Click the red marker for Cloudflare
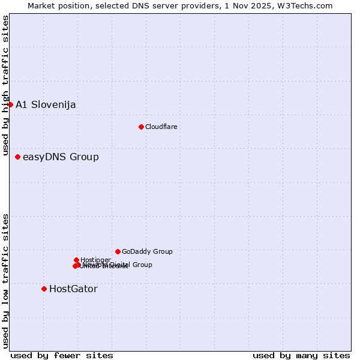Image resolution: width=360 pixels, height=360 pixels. tap(141, 127)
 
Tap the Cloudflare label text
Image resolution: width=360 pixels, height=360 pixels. tap(161, 127)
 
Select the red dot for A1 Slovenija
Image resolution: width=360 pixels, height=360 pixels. tap(10, 104)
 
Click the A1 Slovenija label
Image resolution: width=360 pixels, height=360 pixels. tap(46, 105)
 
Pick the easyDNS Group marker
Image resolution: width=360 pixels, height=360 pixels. tap(17, 157)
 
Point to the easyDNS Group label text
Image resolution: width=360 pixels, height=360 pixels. tap(61, 157)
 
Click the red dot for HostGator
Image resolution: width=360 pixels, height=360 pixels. tap(44, 289)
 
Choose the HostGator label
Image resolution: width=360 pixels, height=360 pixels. tap(73, 289)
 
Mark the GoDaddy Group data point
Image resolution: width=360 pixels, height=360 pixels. tap(118, 251)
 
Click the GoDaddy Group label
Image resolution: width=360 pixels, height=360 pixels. tap(147, 252)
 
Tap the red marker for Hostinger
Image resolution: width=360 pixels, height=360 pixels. tap(76, 260)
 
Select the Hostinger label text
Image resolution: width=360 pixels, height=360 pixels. tap(95, 260)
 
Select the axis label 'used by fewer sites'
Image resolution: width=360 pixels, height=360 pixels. tap(62, 355)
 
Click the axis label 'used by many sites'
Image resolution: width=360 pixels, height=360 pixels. tap(301, 355)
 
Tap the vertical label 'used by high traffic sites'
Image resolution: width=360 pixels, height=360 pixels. tap(6, 86)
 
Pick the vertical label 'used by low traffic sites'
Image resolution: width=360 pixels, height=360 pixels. tap(6, 280)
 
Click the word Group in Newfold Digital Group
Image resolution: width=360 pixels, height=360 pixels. tap(142, 265)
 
